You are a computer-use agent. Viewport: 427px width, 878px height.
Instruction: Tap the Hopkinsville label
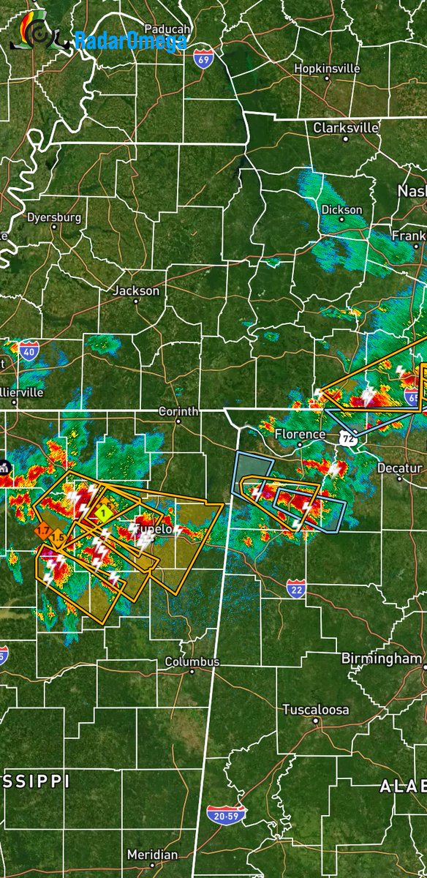coord(327,68)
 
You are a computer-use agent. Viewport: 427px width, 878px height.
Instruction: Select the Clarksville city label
coord(346,127)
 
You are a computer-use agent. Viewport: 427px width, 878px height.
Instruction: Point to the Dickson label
coord(341,209)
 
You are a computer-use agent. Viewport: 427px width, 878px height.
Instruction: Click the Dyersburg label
coord(54,217)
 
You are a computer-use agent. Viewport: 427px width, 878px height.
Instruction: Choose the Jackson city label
coord(136,290)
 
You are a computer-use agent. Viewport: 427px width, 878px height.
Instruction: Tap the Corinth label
coord(178,411)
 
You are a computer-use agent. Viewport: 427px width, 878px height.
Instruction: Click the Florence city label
coord(300,434)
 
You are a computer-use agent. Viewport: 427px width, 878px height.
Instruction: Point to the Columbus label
coord(192,661)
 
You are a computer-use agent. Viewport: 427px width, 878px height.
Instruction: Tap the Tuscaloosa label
coord(316,710)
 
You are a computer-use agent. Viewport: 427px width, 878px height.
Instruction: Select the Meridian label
coord(152,855)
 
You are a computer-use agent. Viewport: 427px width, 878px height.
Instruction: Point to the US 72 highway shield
coord(346,438)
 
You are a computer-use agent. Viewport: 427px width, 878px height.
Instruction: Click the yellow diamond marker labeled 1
coord(104,512)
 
